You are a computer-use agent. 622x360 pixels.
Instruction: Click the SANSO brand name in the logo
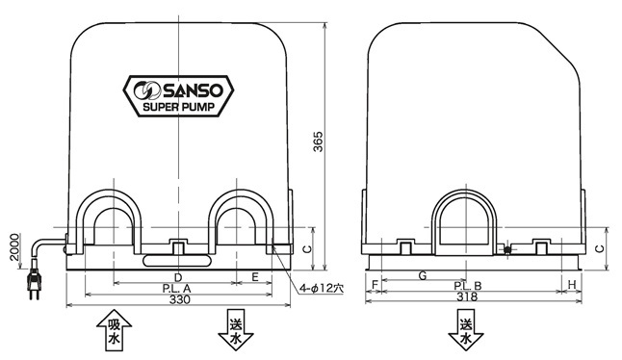[193, 90]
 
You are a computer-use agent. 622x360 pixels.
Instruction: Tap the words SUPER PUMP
[178, 107]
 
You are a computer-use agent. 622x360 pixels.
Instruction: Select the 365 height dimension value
[318, 141]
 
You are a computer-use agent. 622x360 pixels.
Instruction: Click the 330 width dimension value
[180, 299]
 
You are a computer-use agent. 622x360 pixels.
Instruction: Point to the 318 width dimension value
[467, 297]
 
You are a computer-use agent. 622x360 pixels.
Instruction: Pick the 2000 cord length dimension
[14, 247]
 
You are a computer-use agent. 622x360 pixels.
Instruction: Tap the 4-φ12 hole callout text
[322, 288]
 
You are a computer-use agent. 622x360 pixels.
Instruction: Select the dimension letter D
[178, 277]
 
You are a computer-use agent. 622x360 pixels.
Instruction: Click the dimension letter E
[255, 277]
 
